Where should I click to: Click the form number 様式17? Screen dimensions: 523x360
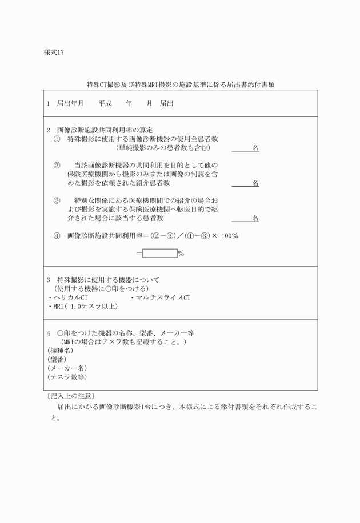[54, 53]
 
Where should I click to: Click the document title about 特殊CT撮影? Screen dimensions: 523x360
[181, 85]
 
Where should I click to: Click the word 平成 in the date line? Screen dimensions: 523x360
[105, 104]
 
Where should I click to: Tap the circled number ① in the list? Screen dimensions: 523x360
[57, 139]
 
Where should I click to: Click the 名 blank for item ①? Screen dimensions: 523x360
[245, 148]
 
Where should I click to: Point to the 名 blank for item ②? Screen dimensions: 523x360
[245, 183]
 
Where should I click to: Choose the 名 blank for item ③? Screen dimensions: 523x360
[245, 218]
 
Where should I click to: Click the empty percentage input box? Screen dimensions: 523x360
[159, 253]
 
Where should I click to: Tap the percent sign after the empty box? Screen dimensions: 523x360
[181, 254]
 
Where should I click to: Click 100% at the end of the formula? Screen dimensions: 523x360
[229, 235]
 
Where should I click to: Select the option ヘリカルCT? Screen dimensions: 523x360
[69, 297]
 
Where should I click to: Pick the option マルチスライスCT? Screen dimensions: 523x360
[162, 297]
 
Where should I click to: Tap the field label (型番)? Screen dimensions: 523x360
[57, 359]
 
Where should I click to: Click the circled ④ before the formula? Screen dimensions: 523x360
[57, 235]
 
